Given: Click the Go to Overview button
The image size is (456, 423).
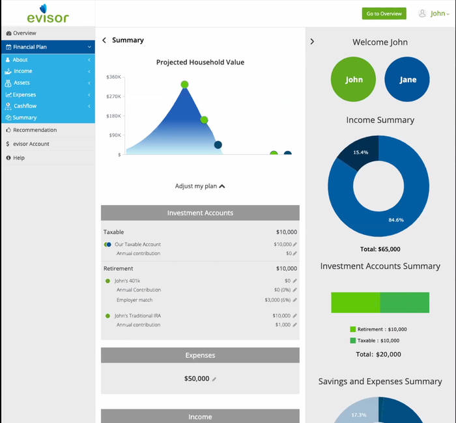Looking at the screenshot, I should (x=384, y=14).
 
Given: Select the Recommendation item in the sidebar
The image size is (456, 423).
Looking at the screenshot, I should (x=35, y=130).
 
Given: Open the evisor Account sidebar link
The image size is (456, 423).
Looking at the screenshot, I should (x=31, y=144).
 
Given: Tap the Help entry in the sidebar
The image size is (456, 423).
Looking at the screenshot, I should (x=18, y=157).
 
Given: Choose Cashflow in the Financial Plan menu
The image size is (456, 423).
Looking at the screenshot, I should (x=25, y=106).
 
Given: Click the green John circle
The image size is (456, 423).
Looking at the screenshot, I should (x=354, y=80).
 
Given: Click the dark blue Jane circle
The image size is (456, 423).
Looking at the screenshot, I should (x=408, y=80).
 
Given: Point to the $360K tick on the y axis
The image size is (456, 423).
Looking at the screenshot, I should (x=114, y=77).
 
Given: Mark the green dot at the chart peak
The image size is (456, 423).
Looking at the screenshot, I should (x=184, y=85).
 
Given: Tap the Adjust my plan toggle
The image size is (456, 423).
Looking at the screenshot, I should (x=200, y=186).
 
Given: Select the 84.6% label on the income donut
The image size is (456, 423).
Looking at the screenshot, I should (x=396, y=220).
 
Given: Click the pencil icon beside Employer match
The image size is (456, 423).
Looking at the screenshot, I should (x=295, y=300).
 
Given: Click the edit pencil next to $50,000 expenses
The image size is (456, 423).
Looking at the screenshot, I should (x=214, y=379).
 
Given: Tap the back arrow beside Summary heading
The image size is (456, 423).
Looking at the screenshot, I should (x=104, y=40).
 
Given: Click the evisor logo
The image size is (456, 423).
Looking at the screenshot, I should (x=48, y=14).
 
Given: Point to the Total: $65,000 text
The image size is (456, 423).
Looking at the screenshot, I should (x=380, y=249).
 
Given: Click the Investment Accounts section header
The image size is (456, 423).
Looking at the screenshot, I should (x=200, y=213).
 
